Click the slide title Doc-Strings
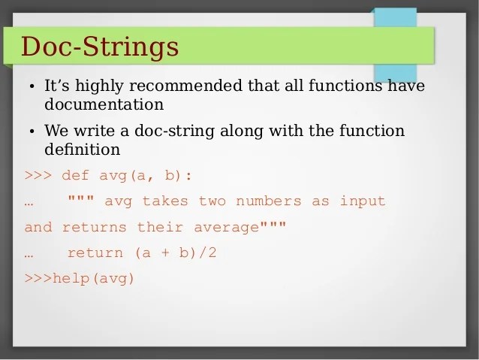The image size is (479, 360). point(100,46)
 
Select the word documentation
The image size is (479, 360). point(104,104)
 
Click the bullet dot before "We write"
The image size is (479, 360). point(33,132)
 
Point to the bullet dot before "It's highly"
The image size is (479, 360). point(33,87)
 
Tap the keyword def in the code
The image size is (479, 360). point(75,175)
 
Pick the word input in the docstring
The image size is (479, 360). point(363,201)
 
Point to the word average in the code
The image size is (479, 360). point(226,227)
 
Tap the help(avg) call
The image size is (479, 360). point(93,278)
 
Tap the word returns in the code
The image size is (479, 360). point(95,227)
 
